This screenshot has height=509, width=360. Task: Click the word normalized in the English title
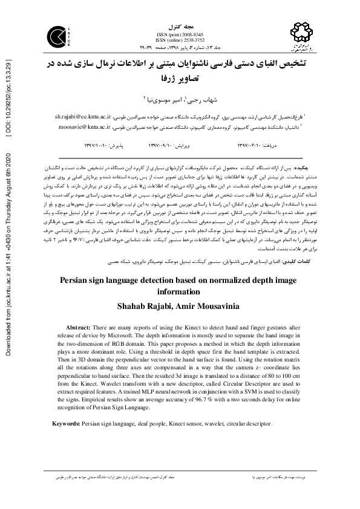click(223, 281)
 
